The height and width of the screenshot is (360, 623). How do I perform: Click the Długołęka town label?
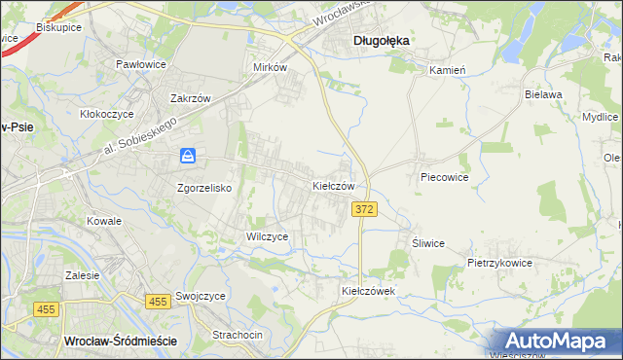tap(380, 41)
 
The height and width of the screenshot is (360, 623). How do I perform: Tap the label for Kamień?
tap(449, 70)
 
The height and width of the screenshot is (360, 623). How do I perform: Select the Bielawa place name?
tap(544, 95)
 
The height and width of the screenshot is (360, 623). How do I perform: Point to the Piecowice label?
tap(445, 178)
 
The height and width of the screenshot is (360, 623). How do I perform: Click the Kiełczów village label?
tap(339, 185)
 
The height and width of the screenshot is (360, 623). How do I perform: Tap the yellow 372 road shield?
tap(364, 210)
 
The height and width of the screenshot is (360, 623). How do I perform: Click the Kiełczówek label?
tap(366, 291)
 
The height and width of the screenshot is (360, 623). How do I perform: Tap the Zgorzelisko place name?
tap(203, 189)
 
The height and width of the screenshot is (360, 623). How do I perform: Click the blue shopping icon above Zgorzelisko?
tap(189, 156)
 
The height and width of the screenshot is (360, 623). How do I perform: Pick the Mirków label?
tap(270, 68)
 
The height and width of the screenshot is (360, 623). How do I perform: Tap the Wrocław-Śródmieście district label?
tap(119, 341)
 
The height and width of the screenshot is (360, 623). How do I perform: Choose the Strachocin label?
tap(238, 335)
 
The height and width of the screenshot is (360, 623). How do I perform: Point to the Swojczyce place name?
tap(202, 296)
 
